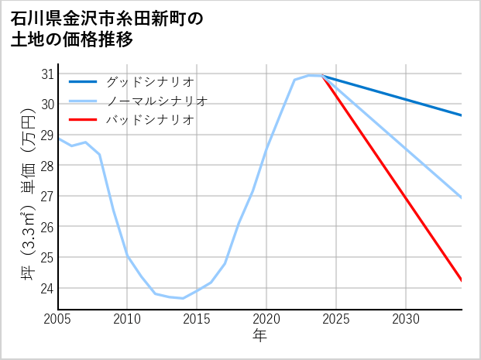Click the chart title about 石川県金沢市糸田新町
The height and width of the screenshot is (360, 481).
coord(107,29)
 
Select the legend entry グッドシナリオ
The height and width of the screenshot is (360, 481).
coord(149,81)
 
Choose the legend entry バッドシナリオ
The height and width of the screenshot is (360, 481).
coord(149,120)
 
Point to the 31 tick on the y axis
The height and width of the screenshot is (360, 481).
coord(47,74)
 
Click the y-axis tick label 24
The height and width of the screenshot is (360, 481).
coord(47,288)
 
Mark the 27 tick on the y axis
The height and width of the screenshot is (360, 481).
coord(47,197)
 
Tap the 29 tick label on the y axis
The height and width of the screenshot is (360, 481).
coord(47,135)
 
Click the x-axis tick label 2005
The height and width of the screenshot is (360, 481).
coord(58,319)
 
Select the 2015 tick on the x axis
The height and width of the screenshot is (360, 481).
coord(198,319)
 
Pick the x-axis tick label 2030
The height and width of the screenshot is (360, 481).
coord(406,319)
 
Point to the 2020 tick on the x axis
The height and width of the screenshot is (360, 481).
coord(266,319)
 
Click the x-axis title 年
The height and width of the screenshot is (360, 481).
coord(259,336)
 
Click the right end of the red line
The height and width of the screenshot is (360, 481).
coord(462,280)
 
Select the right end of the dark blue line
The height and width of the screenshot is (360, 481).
coord(462,115)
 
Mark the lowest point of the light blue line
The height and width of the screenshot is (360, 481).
coord(183,298)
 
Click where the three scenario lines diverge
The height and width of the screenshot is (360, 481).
coord(322,76)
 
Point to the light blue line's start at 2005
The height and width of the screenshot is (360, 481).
coord(59,139)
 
